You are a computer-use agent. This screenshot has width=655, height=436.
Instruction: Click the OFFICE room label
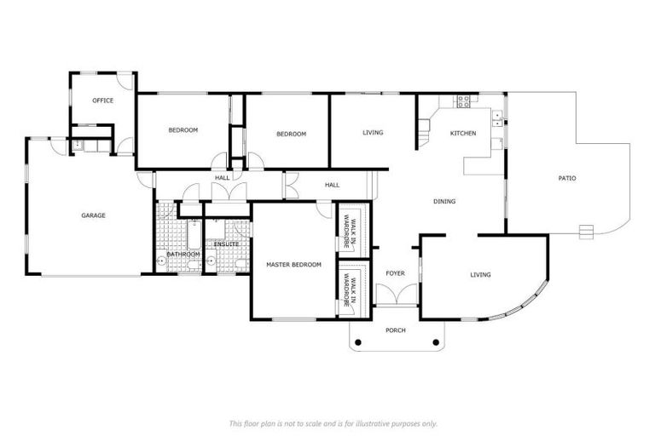(x=103, y=100)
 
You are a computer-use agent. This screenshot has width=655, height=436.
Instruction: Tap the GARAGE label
(x=93, y=215)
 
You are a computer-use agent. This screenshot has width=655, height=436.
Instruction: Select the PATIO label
(x=567, y=179)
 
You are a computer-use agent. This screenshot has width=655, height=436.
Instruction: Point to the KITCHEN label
(x=463, y=134)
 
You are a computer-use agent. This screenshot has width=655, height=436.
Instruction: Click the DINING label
(x=444, y=202)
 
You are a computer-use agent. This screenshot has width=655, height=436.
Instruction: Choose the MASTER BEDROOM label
(x=293, y=265)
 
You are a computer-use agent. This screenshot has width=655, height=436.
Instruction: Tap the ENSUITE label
(x=226, y=244)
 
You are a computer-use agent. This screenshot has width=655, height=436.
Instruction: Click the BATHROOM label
(x=183, y=254)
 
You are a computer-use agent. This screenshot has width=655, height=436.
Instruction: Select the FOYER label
(x=395, y=273)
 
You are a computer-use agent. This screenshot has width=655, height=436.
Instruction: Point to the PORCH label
(x=396, y=330)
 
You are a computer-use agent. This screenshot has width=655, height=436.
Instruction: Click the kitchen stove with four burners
(x=464, y=101)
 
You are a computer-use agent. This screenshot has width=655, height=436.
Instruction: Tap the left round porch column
(x=357, y=342)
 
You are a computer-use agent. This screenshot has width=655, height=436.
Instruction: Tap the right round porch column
(x=436, y=342)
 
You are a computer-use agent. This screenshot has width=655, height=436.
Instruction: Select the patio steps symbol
(x=585, y=230)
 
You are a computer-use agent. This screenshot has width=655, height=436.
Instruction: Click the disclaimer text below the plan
(x=333, y=423)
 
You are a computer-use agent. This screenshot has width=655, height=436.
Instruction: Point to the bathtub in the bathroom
(x=193, y=236)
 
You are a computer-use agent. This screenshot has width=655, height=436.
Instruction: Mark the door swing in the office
(x=125, y=83)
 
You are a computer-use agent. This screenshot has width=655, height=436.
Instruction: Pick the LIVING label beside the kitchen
(x=373, y=133)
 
